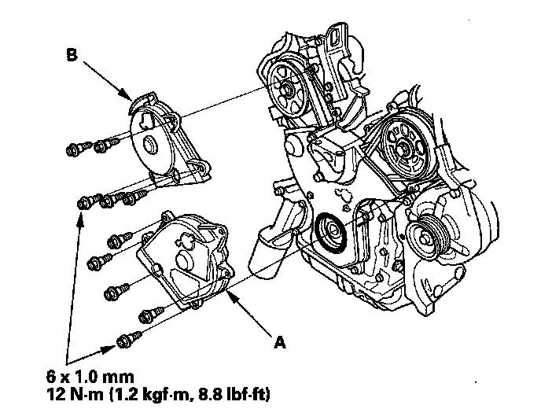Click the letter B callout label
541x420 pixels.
tap(72, 57)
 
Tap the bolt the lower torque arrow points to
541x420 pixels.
tap(122, 341)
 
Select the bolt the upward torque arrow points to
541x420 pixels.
tap(83, 204)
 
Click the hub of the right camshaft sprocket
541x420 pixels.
tap(402, 144)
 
